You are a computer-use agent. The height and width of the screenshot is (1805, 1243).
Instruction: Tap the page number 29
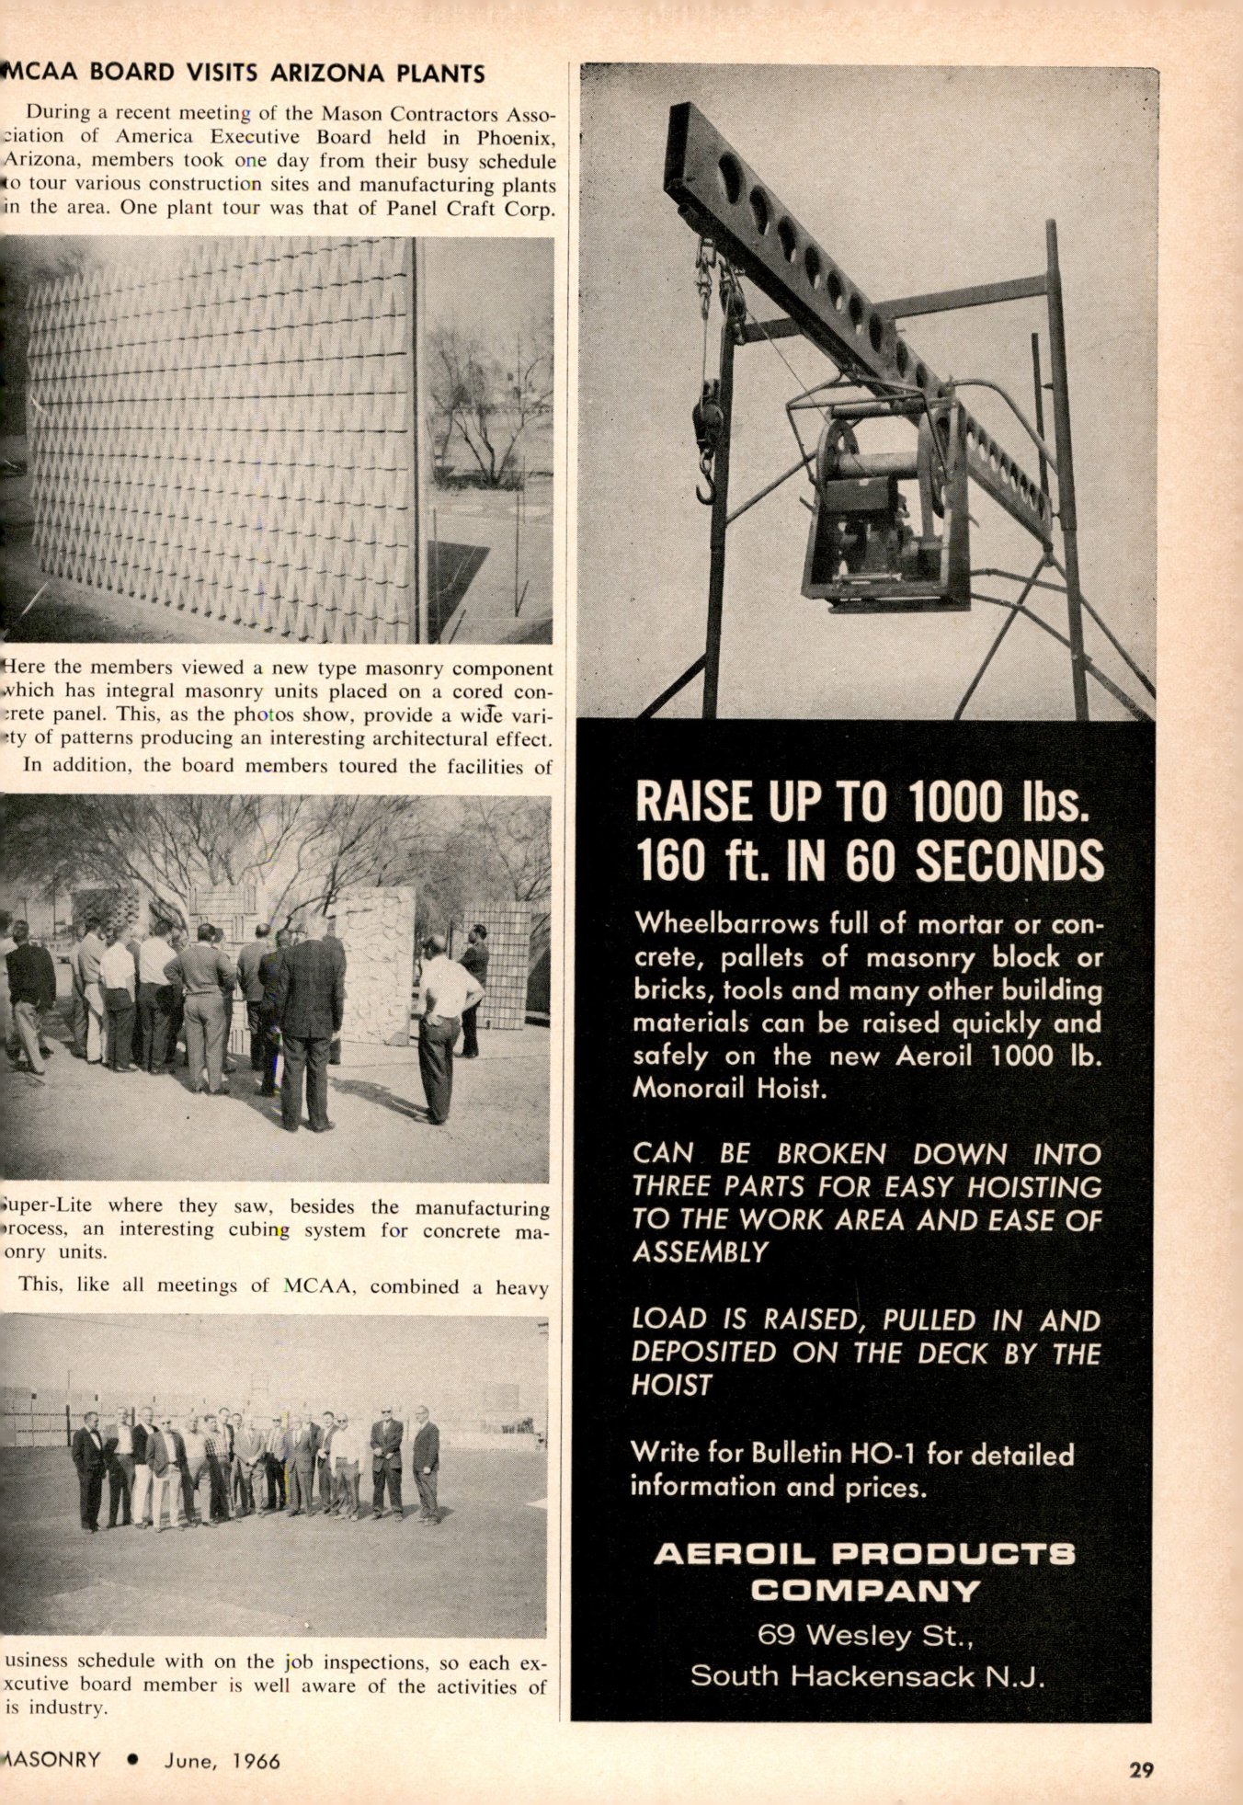click(x=1141, y=1770)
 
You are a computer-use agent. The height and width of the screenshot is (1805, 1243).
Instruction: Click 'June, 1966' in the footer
click(x=222, y=1761)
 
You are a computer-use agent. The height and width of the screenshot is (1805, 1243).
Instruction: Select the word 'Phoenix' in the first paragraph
click(x=515, y=138)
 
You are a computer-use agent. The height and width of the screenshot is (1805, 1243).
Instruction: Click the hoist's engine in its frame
click(x=873, y=533)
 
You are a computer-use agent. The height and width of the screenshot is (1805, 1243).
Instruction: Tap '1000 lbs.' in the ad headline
click(x=998, y=802)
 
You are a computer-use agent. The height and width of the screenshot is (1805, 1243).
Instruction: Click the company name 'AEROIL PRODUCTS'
click(x=864, y=1554)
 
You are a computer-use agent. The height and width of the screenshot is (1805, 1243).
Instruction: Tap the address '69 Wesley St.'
click(x=864, y=1635)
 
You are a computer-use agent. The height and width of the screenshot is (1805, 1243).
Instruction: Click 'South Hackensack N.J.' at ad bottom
click(x=867, y=1675)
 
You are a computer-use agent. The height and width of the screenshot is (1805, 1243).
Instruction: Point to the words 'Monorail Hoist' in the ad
click(x=730, y=1089)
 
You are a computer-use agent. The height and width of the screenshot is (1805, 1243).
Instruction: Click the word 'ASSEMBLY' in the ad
click(x=700, y=1252)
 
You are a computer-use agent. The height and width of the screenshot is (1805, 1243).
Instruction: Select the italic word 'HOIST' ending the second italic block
click(x=672, y=1385)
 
